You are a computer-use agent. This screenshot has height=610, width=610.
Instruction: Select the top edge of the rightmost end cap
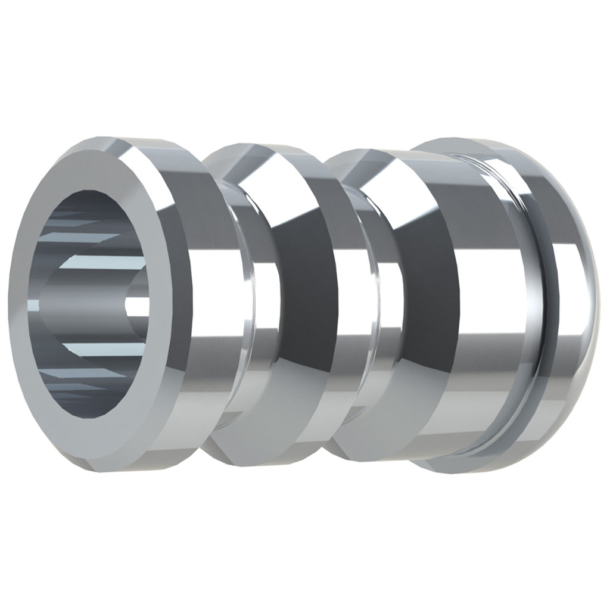[x=471, y=138]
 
